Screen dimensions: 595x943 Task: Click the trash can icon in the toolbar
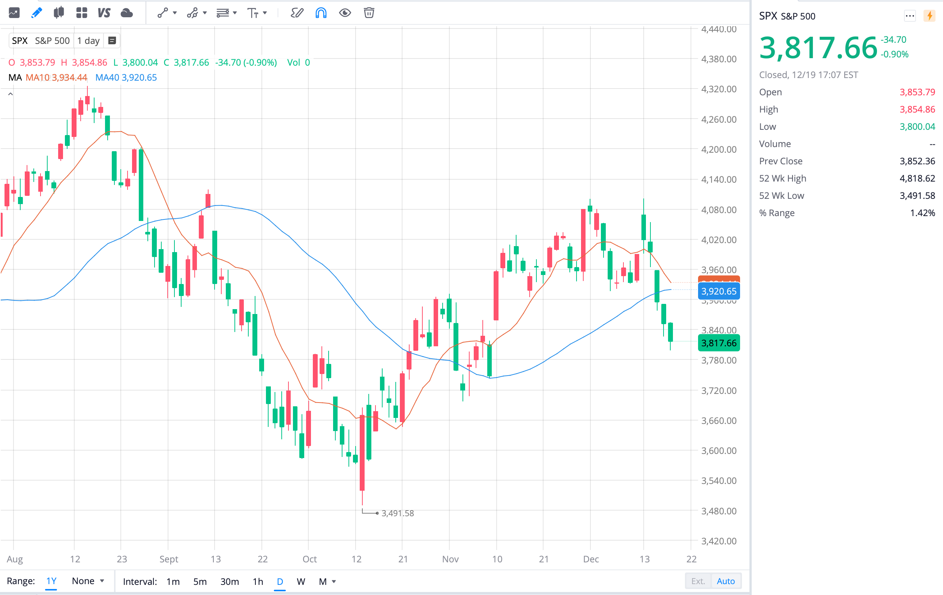(368, 13)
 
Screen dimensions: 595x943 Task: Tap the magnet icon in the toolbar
(321, 13)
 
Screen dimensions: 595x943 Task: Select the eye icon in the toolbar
(345, 13)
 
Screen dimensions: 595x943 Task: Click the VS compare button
(104, 13)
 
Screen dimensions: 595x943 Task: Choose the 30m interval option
(230, 581)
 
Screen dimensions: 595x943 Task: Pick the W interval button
(301, 581)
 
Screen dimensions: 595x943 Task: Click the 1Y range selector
(51, 581)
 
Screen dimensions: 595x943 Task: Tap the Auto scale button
(725, 581)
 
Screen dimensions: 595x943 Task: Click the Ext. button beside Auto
(698, 581)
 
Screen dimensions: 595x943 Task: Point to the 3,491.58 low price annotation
(397, 513)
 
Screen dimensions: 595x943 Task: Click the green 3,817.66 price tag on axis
(719, 343)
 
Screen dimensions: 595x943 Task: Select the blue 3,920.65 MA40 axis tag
(719, 291)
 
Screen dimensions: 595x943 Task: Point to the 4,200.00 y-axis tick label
(719, 149)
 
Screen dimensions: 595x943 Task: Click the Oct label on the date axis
(309, 559)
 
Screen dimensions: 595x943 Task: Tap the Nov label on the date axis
(450, 559)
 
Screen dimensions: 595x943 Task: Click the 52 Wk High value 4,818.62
(917, 178)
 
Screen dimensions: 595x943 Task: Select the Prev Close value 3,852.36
(917, 161)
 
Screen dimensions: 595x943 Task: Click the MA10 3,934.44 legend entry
(56, 78)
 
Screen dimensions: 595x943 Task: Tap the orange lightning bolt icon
(929, 16)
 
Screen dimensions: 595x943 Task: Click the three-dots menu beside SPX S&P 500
(910, 16)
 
